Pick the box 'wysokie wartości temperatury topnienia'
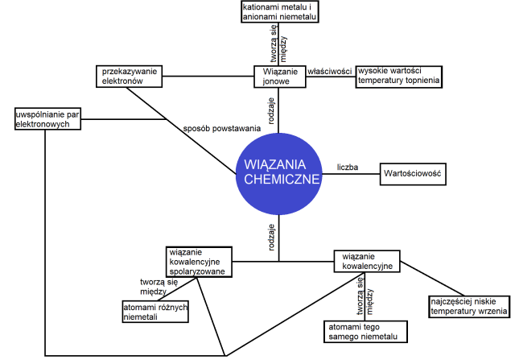click(400, 75)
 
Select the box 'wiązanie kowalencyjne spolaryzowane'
click(199, 262)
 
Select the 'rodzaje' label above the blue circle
click(272, 109)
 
